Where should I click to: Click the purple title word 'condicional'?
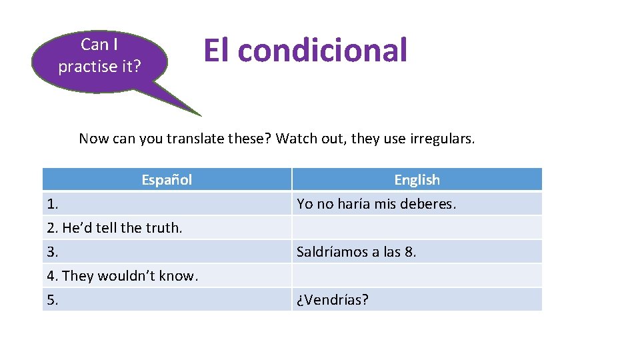pyautogui.click(x=322, y=51)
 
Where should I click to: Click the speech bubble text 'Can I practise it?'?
pyautogui.click(x=99, y=55)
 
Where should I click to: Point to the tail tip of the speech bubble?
pyautogui.click(x=199, y=115)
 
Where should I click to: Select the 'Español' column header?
pyautogui.click(x=167, y=179)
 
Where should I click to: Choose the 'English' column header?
pyautogui.click(x=417, y=179)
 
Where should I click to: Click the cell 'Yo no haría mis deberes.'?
pyautogui.click(x=376, y=203)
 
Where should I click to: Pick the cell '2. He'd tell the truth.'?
pyautogui.click(x=115, y=227)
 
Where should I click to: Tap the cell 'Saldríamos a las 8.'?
pyautogui.click(x=356, y=251)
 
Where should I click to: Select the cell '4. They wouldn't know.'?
pyautogui.click(x=123, y=275)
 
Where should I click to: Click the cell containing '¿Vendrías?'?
pyautogui.click(x=333, y=299)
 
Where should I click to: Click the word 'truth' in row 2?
pyautogui.click(x=165, y=227)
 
